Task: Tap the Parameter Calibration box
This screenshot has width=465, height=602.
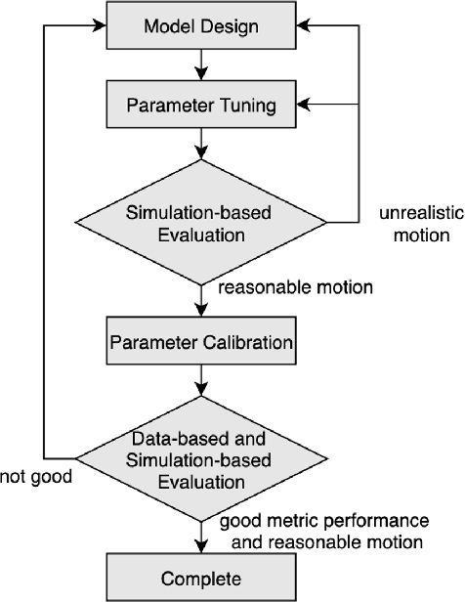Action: (x=200, y=343)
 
